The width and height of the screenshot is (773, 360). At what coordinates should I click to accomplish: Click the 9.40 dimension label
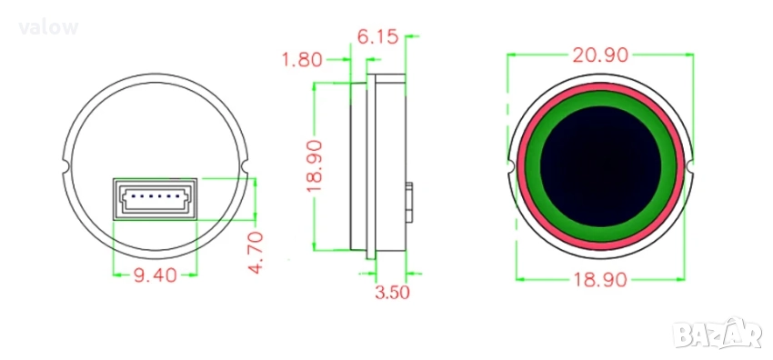[156, 275]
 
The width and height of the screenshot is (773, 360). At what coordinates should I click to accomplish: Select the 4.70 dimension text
[256, 253]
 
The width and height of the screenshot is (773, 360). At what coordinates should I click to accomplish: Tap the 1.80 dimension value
[302, 60]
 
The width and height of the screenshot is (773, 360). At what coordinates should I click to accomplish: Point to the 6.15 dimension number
[377, 37]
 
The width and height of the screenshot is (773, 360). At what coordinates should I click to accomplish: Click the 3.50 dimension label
[392, 293]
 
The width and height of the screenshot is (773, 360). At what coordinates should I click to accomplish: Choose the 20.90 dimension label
[600, 55]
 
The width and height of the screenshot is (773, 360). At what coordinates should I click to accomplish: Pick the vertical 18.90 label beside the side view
[314, 166]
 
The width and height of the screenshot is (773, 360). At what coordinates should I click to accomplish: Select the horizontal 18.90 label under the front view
[600, 280]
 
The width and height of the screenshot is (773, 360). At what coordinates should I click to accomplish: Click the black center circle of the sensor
[600, 166]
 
